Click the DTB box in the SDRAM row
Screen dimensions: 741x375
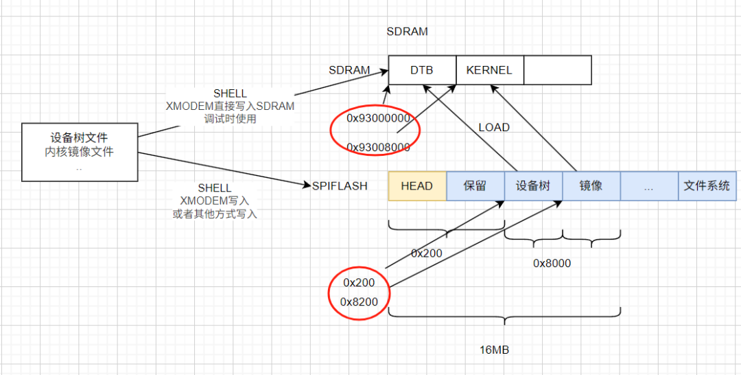423,70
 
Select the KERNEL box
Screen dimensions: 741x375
490,70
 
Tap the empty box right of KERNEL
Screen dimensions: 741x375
558,70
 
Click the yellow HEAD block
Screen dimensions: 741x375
417,186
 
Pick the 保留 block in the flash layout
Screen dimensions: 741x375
475,186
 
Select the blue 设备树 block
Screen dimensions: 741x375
534,186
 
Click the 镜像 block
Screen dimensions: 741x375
591,186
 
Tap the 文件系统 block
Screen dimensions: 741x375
707,186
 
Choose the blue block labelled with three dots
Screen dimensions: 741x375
649,186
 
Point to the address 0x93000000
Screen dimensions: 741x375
377,118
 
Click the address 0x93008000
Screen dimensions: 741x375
377,147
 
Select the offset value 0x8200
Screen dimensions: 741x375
359,302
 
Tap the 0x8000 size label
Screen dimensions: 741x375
552,264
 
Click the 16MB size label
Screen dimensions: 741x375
493,350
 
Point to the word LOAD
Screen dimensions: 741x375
494,127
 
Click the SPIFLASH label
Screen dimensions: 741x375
340,186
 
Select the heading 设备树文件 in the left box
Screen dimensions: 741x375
80,138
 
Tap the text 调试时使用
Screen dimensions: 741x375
230,120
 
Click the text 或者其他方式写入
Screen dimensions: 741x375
215,214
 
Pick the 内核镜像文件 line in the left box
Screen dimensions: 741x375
80,152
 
